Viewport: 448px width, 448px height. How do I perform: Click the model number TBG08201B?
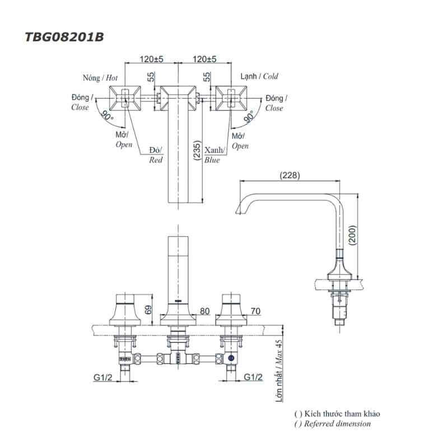click(64, 37)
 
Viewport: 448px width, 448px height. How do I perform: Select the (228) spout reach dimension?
click(290, 175)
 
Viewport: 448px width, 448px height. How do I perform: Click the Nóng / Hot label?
click(99, 78)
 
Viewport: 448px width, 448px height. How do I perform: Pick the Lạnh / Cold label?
click(259, 76)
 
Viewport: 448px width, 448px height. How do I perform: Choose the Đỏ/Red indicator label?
click(156, 155)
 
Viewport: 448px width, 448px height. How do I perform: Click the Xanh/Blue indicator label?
click(214, 155)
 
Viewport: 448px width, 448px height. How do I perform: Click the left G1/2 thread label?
click(102, 378)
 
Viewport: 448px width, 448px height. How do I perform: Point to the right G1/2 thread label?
click(253, 378)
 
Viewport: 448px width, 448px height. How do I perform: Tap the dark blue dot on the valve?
click(230, 358)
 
